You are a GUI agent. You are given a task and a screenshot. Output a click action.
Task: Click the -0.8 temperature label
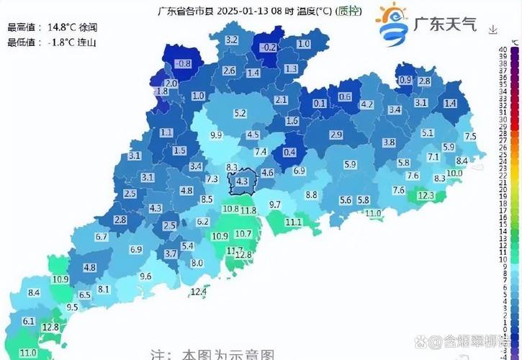tap(183, 63)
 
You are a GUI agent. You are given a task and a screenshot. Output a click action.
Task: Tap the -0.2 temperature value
tap(269, 47)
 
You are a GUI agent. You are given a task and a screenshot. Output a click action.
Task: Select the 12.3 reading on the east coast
tap(426, 195)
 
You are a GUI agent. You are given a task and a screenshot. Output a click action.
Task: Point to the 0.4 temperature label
tap(289, 152)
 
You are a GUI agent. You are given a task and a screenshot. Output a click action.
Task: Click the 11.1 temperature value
tap(293, 222)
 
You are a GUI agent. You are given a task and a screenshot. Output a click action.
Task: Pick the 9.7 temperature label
tap(274, 205)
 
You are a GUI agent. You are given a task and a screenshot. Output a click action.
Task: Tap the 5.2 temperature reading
tap(240, 113)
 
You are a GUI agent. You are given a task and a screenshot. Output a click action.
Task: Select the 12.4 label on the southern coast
tap(198, 292)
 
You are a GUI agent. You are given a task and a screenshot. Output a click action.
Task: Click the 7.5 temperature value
tap(470, 136)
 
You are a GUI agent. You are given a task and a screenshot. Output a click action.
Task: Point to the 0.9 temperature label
tap(405, 80)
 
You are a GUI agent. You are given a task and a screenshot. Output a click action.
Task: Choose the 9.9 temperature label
tap(215, 135)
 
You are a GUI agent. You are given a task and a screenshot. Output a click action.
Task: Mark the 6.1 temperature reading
tap(29, 321)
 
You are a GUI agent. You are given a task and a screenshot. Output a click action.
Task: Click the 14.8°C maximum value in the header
tap(62, 27)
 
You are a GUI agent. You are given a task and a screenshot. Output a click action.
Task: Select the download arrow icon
tap(492, 30)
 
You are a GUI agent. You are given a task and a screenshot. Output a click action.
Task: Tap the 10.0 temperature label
tap(454, 174)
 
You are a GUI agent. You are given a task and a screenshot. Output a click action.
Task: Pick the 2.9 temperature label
tap(336, 135)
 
